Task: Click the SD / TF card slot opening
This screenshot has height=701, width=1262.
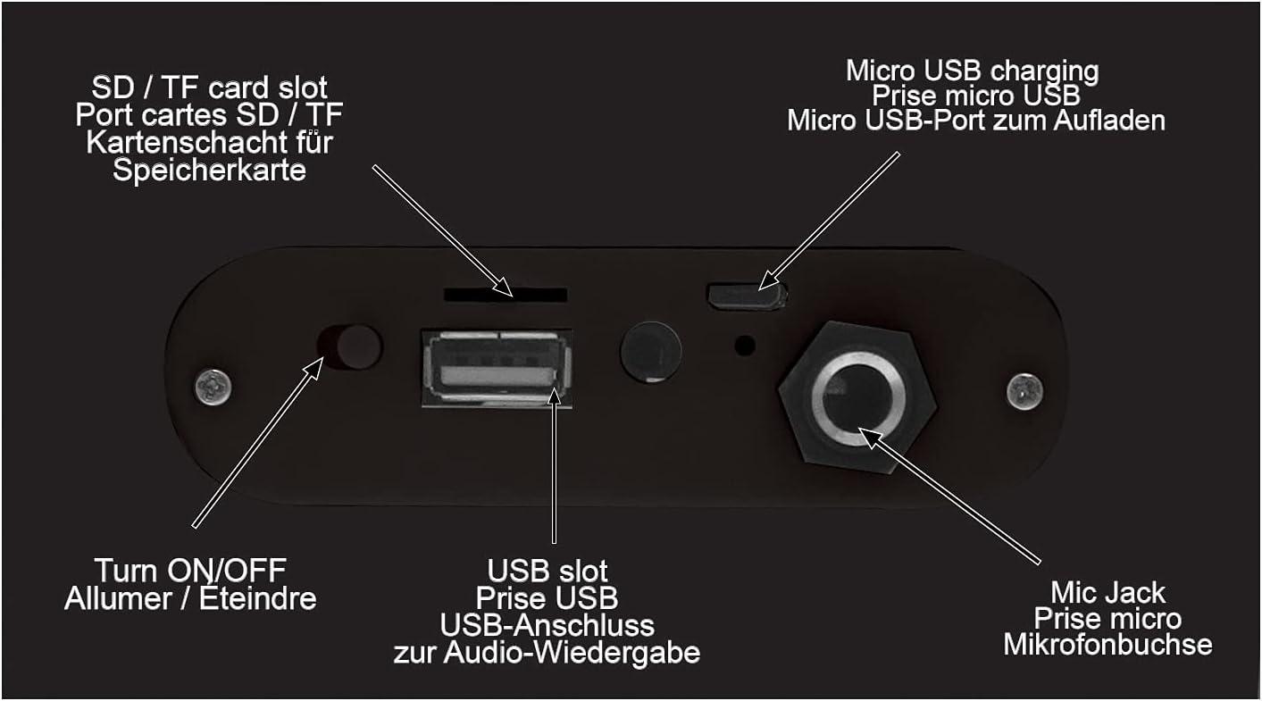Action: [506, 295]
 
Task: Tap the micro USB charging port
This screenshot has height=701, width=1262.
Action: [747, 296]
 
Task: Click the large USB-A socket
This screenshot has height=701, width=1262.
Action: [497, 368]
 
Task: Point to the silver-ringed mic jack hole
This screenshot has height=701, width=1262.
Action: [858, 398]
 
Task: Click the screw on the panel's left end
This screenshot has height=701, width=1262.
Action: [213, 388]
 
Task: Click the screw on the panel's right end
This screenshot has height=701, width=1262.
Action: [1024, 391]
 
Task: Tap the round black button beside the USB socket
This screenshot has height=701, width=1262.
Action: [651, 353]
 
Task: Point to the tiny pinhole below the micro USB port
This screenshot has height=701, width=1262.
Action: [745, 346]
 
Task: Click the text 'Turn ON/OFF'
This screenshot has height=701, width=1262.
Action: [190, 571]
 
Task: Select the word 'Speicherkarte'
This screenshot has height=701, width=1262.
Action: [209, 170]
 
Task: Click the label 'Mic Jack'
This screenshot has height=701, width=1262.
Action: [1107, 592]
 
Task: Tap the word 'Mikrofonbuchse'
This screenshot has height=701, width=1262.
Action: [1107, 645]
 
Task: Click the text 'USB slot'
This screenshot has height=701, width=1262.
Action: [547, 571]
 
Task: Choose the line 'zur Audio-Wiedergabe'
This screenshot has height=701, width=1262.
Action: [547, 653]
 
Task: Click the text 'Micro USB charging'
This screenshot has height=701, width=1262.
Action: [973, 71]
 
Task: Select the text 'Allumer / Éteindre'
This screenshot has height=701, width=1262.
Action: [190, 598]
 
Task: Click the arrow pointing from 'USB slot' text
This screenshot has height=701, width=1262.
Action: [555, 465]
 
